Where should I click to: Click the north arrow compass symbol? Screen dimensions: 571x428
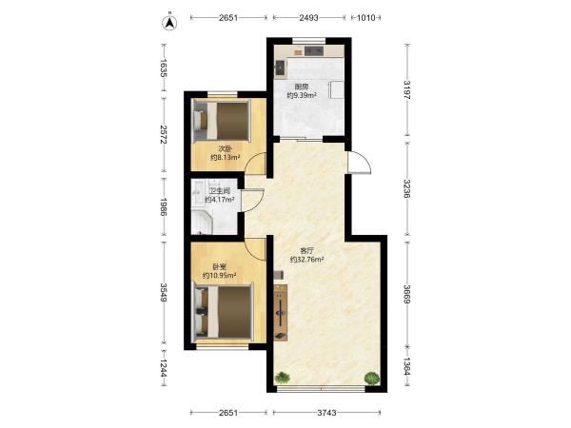169,22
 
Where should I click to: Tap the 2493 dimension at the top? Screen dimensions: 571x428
308,17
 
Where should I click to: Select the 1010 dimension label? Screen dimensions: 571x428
365,17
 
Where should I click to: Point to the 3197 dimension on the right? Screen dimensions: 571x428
406,90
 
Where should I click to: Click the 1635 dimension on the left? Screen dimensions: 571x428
163,68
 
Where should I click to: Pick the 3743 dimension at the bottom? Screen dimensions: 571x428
326,413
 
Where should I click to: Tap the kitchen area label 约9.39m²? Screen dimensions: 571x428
302,95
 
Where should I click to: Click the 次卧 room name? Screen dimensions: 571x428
225,148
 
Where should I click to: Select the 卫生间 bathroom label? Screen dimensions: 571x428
219,191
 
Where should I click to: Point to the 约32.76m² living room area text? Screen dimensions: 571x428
307,260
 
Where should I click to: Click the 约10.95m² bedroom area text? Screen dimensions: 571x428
219,276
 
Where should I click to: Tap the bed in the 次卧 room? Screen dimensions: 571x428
222,120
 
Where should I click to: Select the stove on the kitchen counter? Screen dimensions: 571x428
314,50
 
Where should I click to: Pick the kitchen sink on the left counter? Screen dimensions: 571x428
280,68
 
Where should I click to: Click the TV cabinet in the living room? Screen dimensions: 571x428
281,313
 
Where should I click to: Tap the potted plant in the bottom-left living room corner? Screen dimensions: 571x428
283,378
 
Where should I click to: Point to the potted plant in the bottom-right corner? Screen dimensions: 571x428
371,378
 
